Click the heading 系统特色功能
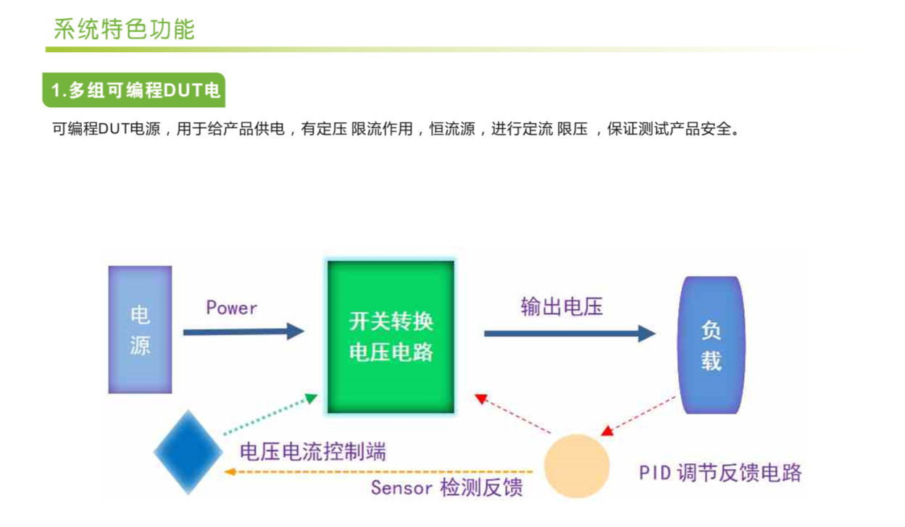[124, 30]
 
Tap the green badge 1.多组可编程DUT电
[135, 90]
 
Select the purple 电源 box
[140, 329]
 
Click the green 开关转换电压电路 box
[391, 337]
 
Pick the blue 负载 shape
[711, 345]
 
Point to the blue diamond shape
[188, 452]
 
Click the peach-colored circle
[577, 466]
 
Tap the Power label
[231, 308]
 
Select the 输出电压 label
[562, 306]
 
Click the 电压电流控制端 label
[312, 452]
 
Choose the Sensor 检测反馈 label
[446, 487]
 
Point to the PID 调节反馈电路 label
[720, 473]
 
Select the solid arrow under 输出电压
[570, 334]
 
